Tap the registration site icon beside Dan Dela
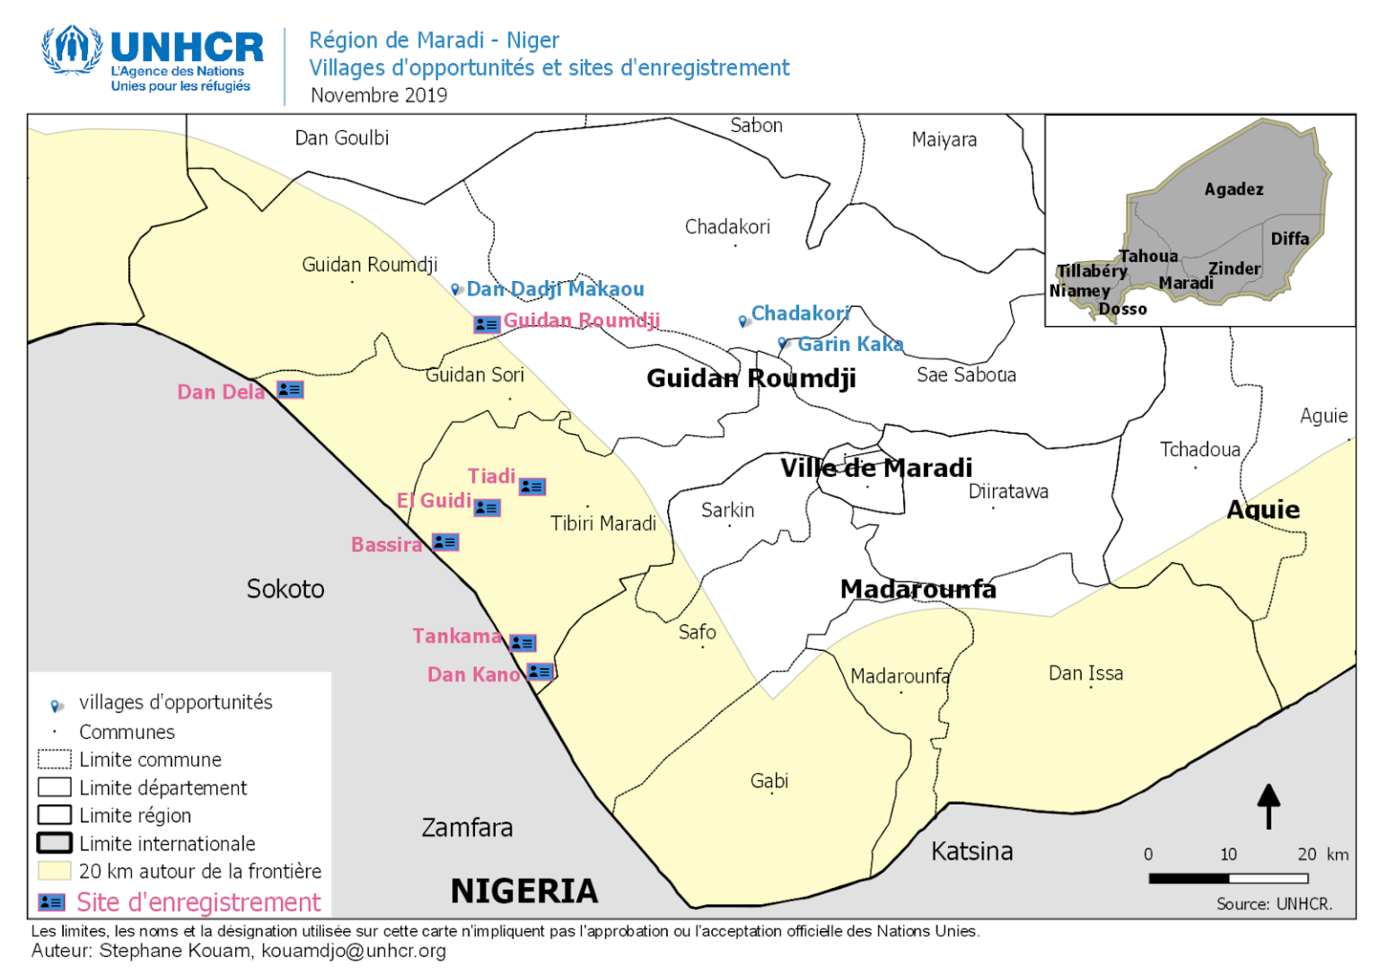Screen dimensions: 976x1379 [290, 390]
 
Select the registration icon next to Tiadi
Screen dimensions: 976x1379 [532, 487]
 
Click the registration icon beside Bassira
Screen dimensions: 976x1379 [445, 542]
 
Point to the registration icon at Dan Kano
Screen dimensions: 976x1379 [540, 672]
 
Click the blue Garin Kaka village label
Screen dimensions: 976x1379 [849, 344]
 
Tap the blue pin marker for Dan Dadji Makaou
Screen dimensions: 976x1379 [456, 289]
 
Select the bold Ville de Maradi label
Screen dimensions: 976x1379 [875, 468]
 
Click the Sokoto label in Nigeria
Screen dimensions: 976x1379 [285, 589]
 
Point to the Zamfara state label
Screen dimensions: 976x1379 [467, 827]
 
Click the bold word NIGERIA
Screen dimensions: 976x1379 [524, 891]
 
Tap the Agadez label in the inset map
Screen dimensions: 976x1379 [1234, 189]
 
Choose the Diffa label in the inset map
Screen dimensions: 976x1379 [1289, 239]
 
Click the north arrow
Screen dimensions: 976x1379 [1268, 805]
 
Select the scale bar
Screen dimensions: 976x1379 [1227, 878]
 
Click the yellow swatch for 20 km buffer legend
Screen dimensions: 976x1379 [54, 871]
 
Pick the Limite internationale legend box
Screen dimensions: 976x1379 [54, 843]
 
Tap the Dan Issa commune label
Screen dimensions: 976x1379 [1085, 673]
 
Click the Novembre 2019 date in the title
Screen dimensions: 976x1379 [379, 95]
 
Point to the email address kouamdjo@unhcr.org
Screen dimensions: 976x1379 [354, 951]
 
